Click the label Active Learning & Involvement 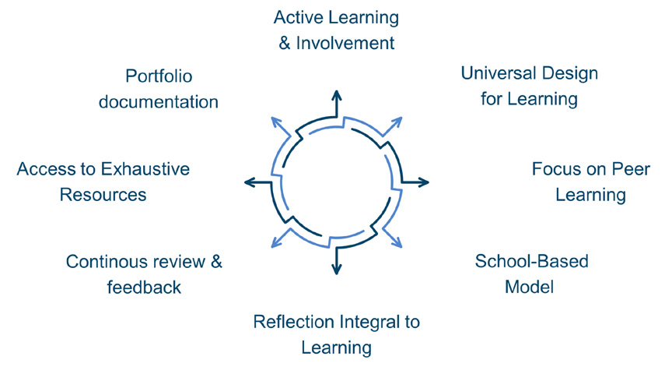[x=337, y=30]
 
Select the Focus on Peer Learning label [x=590, y=181]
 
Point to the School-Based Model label [x=530, y=273]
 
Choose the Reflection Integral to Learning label [x=337, y=333]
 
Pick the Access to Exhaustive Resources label [x=103, y=181]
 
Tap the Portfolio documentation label [x=159, y=89]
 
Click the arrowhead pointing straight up [x=337, y=94]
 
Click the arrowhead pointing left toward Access [x=249, y=182]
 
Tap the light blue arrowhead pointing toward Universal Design [x=398, y=121]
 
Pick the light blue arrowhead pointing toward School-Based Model [x=398, y=244]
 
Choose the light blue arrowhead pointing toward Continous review [x=275, y=244]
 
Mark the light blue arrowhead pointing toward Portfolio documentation [x=275, y=121]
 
